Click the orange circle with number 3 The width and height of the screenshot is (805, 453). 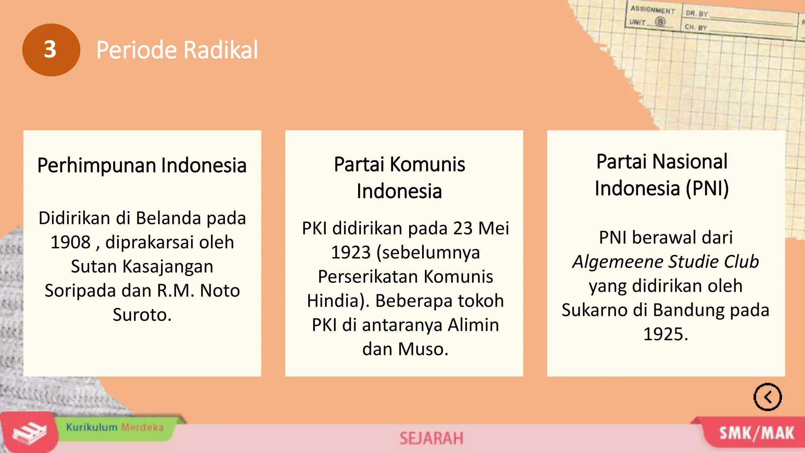pyautogui.click(x=51, y=50)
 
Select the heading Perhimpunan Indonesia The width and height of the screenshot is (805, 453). pyautogui.click(x=142, y=165)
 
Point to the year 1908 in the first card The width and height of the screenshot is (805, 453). pyautogui.click(x=71, y=242)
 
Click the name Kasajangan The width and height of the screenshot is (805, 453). pyautogui.click(x=168, y=267)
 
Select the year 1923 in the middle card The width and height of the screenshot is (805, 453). pyautogui.click(x=351, y=252)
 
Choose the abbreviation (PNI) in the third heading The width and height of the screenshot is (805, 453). pyautogui.click(x=707, y=188)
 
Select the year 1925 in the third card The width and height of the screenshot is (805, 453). pyautogui.click(x=665, y=334)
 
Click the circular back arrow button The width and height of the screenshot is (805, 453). pyautogui.click(x=767, y=397)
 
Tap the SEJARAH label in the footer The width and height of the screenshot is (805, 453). pyautogui.click(x=431, y=438)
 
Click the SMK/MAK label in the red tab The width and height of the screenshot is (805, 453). pyautogui.click(x=756, y=433)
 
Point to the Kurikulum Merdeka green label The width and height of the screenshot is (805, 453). pyautogui.click(x=114, y=427)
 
